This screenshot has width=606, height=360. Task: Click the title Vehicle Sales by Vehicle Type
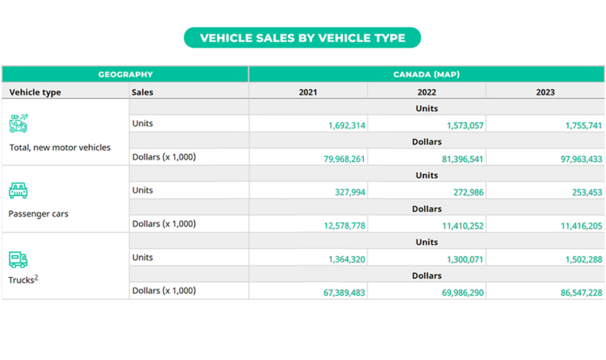coord(302,38)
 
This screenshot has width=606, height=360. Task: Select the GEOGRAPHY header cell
coord(125,74)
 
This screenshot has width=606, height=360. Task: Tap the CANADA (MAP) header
coord(426,74)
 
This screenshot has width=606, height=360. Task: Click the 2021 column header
coord(308,92)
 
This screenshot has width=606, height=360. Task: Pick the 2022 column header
coord(426,92)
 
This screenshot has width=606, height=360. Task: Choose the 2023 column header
coord(544,92)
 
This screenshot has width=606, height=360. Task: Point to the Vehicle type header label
coord(35,92)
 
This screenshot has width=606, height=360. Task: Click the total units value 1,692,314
coord(346,126)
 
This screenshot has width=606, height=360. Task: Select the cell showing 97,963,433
coord(573,159)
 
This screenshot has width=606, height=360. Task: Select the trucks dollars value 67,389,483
coord(336,292)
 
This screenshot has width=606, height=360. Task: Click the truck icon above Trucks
coord(18,259)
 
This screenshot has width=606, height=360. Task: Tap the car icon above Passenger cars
coord(18,191)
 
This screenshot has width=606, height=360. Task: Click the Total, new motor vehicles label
coord(60,148)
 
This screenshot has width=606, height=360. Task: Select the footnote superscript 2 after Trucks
coord(36,277)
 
